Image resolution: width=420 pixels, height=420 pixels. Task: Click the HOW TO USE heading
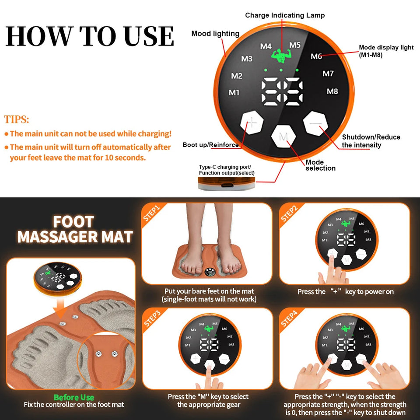click(x=90, y=36)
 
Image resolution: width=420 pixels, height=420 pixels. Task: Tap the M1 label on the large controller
click(x=234, y=92)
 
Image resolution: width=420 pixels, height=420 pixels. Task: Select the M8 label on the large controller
click(x=332, y=91)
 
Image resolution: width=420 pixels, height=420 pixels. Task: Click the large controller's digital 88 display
click(x=282, y=91)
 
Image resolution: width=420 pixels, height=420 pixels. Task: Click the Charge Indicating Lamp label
click(x=285, y=15)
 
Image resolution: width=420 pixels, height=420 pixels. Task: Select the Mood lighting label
click(x=215, y=34)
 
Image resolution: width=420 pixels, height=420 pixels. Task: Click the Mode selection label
click(x=320, y=165)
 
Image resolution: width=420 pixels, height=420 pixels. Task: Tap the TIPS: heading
click(x=17, y=119)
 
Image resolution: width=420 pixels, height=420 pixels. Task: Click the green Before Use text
click(x=73, y=397)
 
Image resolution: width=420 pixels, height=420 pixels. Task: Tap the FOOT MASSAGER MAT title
click(x=74, y=229)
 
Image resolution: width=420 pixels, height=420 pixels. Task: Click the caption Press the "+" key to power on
click(x=346, y=291)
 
